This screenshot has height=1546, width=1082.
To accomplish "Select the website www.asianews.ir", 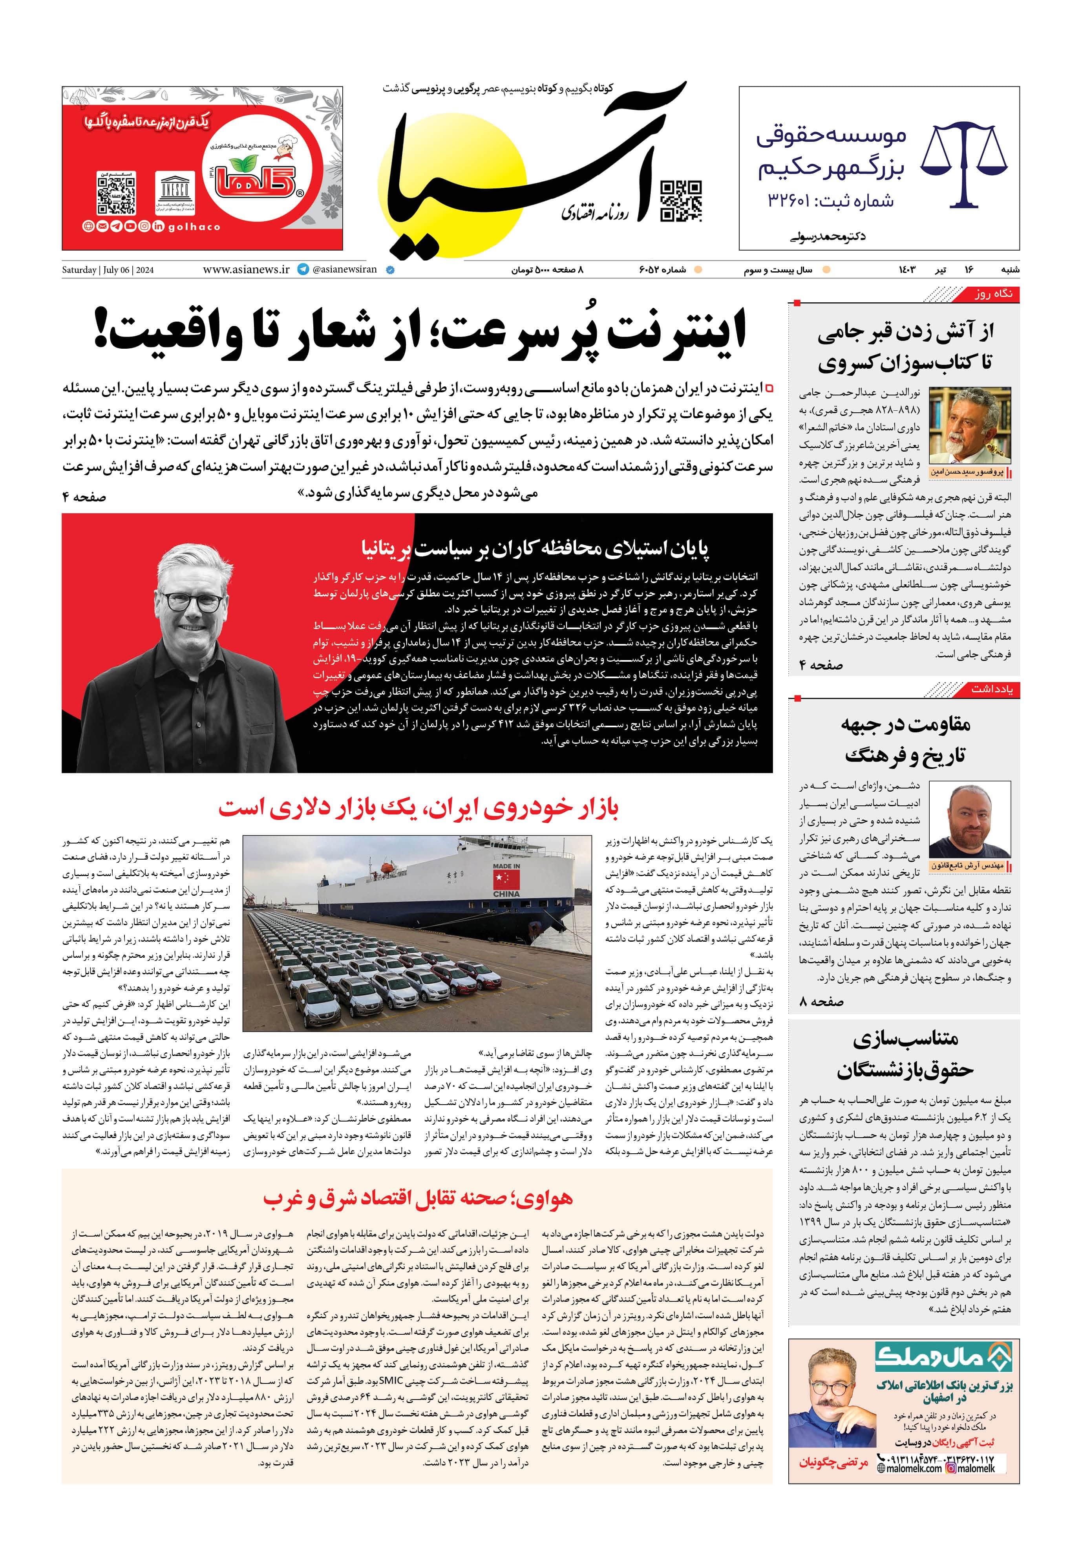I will tap(246, 269).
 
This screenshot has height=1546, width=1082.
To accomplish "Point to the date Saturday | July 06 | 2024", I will tap(108, 270).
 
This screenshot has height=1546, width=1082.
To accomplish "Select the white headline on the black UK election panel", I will tap(535, 548).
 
